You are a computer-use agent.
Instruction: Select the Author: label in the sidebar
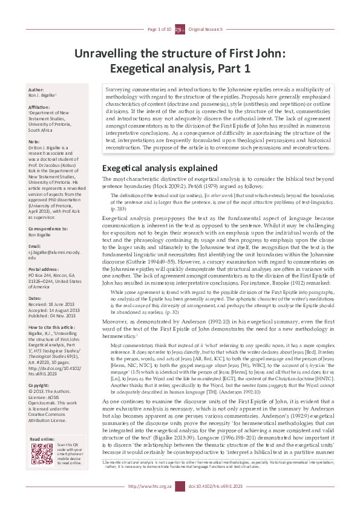coord(36,89)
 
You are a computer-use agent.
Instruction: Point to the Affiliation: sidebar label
coord(41,106)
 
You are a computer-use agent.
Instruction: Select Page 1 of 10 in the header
coord(160,29)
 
